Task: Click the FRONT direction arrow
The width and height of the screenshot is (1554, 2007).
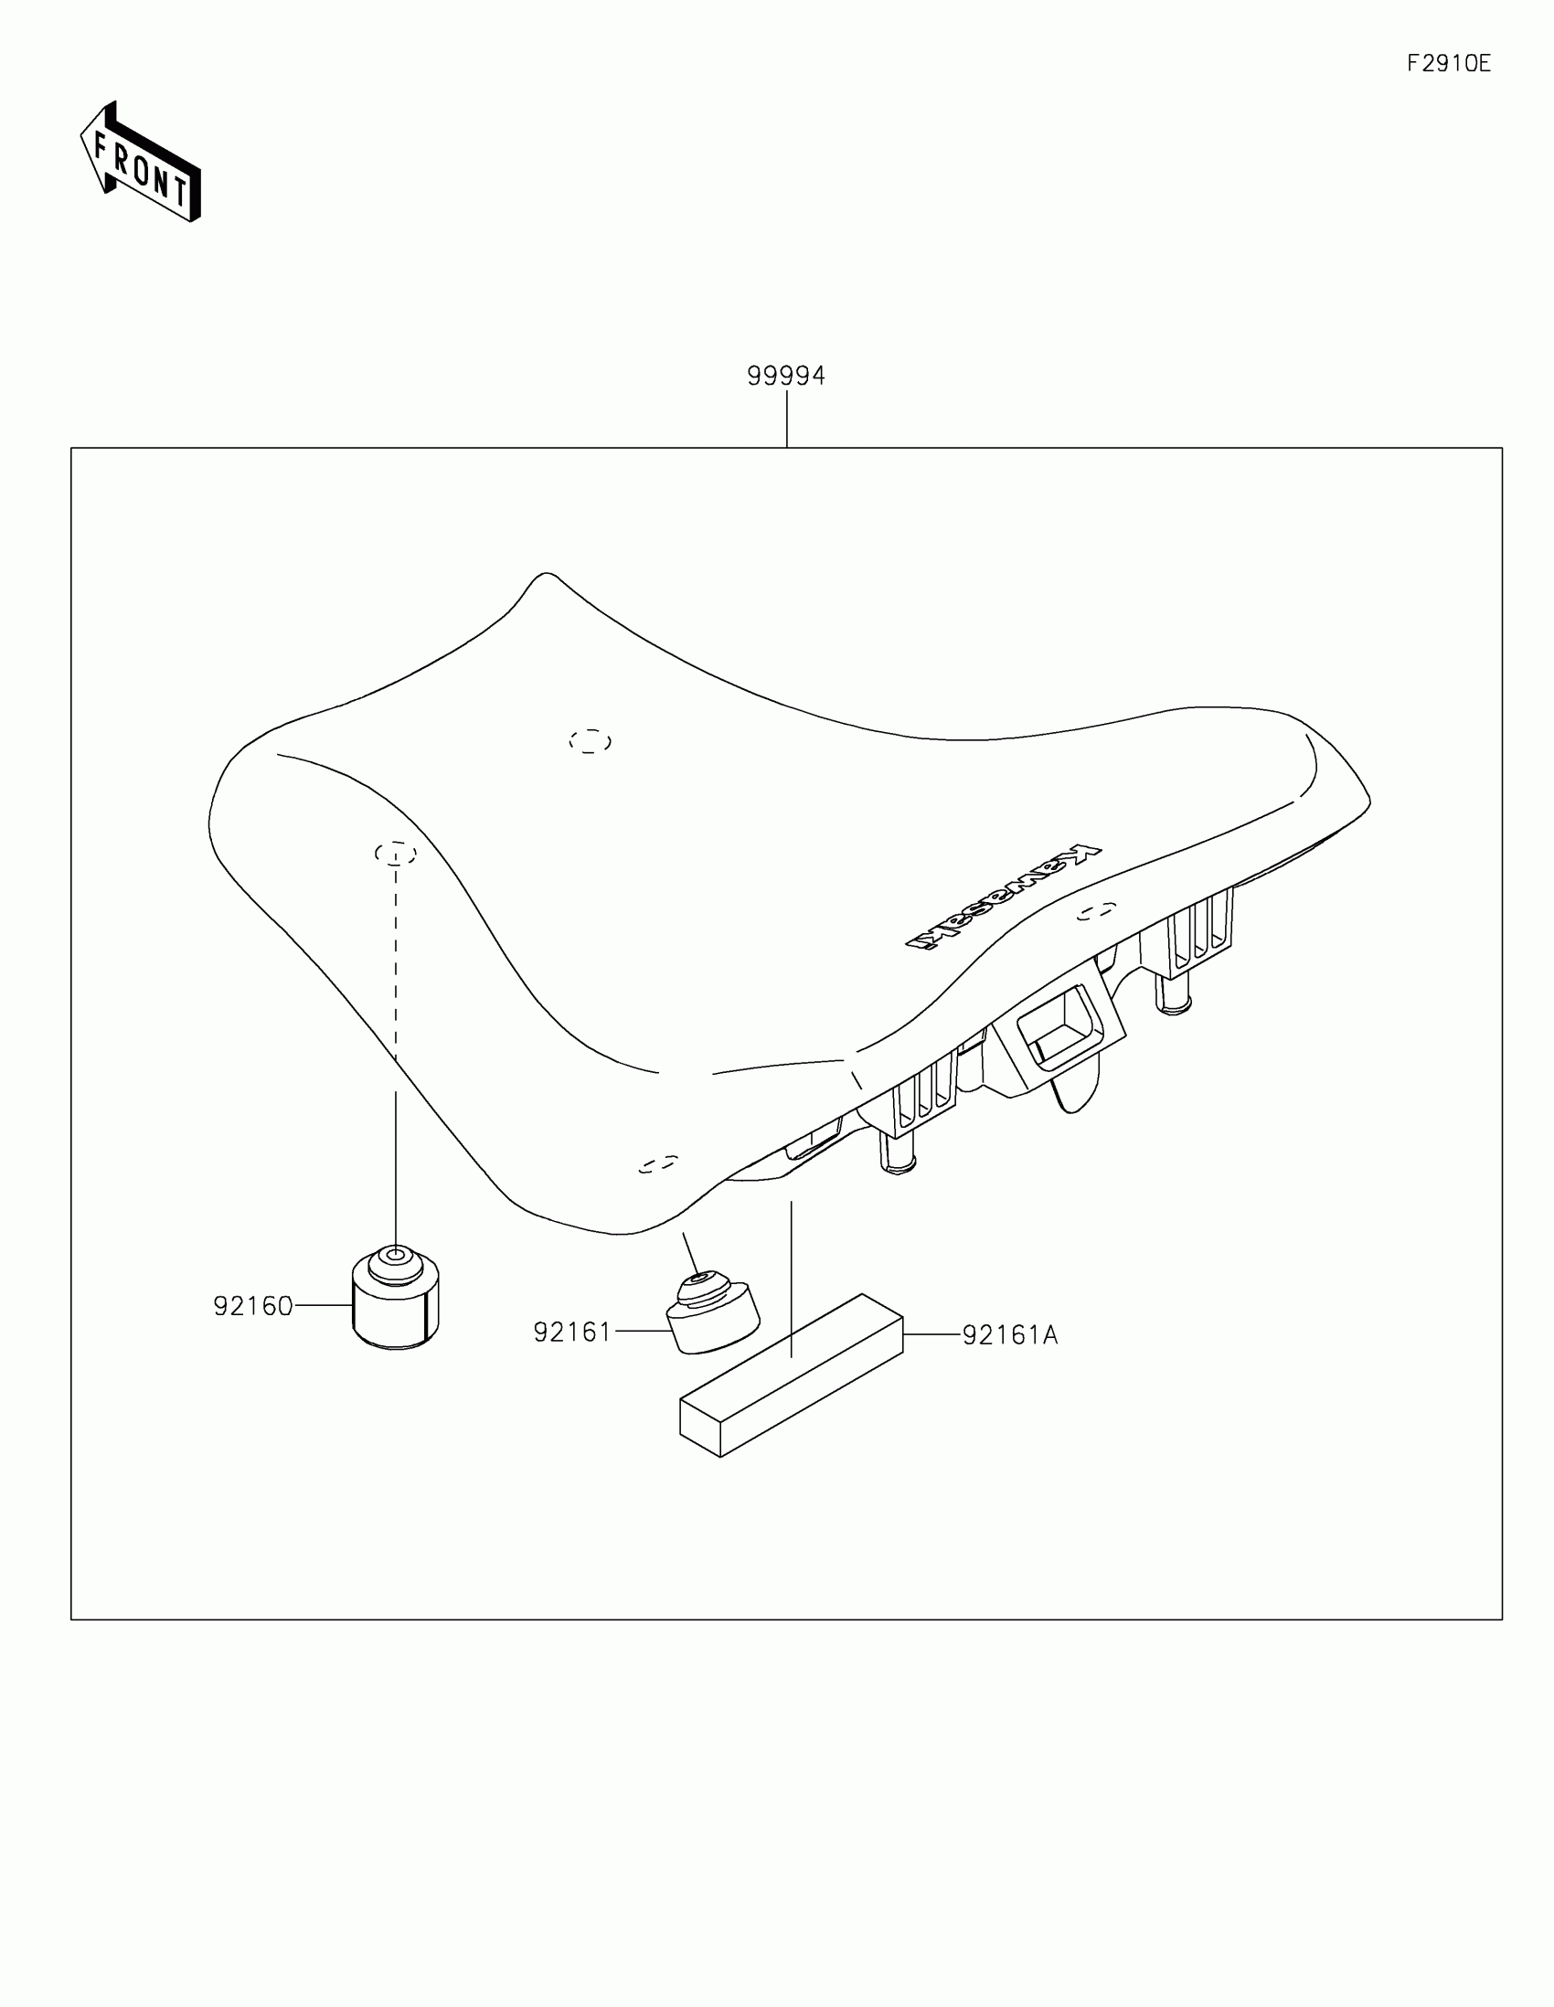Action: [x=141, y=163]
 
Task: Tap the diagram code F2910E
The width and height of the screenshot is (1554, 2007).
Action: [x=1448, y=63]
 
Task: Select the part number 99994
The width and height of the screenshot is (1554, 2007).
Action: [x=786, y=376]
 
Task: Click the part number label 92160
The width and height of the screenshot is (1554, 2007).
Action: [x=252, y=1306]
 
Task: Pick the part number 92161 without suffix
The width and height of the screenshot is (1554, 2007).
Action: [x=571, y=1332]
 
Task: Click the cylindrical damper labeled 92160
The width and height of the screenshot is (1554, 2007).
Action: [x=395, y=1300]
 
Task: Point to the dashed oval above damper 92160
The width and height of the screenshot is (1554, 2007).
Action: [x=395, y=854]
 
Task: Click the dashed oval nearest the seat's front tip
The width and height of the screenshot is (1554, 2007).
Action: [x=590, y=740]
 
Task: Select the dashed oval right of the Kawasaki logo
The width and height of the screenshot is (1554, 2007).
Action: [x=1096, y=910]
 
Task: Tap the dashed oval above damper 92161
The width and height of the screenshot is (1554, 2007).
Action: [x=658, y=1164]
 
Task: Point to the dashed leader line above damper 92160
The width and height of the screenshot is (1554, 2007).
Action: [x=395, y=965]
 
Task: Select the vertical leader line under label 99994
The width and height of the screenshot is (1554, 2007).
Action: [x=787, y=419]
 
